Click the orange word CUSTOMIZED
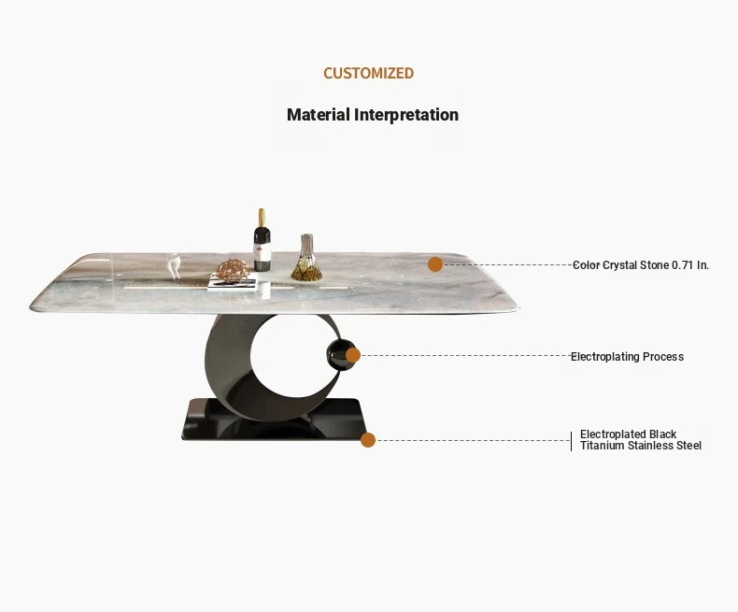click(368, 73)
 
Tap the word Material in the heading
click(319, 114)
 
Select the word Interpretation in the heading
click(406, 115)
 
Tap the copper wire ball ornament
click(234, 271)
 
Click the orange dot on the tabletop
click(435, 264)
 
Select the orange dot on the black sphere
click(353, 355)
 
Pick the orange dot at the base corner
click(368, 440)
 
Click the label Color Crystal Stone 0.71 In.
click(641, 265)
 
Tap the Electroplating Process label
click(627, 356)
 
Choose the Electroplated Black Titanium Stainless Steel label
click(641, 440)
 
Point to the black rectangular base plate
click(274, 420)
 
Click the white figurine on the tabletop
click(174, 265)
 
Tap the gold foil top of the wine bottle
click(262, 218)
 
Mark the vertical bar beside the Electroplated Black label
click(572, 441)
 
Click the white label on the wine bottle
click(263, 253)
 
